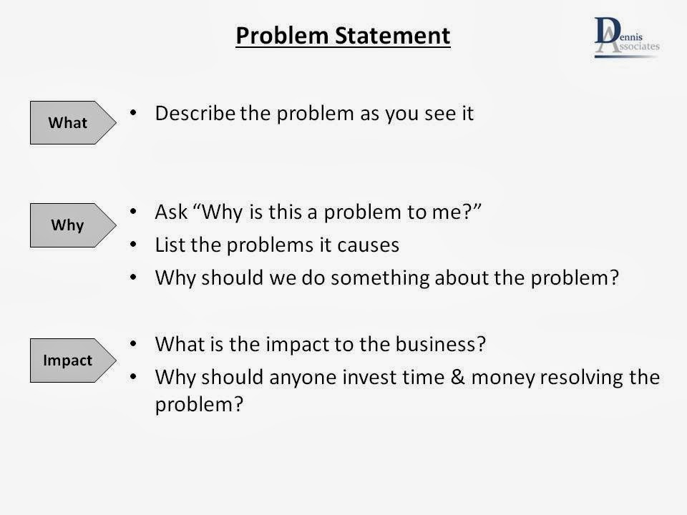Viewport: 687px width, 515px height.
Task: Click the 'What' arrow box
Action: (73, 122)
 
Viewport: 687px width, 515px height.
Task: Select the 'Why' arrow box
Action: (73, 225)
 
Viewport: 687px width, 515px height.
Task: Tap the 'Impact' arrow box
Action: (73, 360)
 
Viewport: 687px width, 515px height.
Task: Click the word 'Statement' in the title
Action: (393, 36)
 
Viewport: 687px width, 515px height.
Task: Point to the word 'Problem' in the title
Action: (282, 36)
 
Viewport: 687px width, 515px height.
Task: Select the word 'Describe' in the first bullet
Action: (195, 113)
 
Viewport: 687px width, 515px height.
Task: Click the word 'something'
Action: (379, 278)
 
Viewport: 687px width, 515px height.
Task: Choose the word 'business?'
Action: (440, 344)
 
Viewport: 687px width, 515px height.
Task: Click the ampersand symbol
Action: (457, 377)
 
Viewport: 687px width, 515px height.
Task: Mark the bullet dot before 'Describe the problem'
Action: (133, 113)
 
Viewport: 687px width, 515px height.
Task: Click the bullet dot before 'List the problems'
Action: (133, 245)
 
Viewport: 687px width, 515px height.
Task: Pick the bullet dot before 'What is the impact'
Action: (133, 344)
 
